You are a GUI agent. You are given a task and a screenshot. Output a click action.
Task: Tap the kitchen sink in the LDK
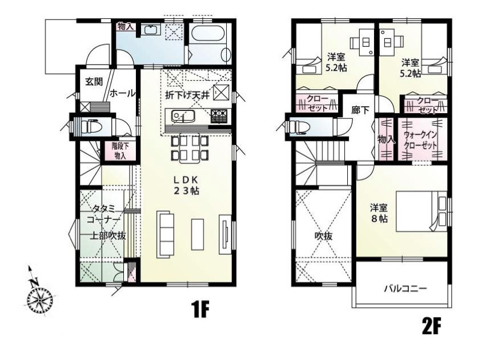tap(183, 117)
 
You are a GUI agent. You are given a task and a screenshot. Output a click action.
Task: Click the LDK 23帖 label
tap(187, 185)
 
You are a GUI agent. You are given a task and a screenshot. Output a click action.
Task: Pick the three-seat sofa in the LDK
tap(163, 234)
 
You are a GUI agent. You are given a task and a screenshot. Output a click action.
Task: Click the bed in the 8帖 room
tap(421, 211)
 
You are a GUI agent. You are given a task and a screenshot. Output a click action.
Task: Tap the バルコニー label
tap(405, 289)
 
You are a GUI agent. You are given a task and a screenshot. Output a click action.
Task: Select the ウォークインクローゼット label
tap(420, 140)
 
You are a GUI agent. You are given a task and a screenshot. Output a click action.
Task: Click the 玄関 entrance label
tap(94, 82)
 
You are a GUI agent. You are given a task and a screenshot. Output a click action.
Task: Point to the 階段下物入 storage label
tap(120, 151)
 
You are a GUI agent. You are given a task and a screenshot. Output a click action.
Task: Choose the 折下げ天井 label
tap(187, 95)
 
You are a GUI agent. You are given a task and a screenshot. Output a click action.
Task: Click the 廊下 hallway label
tap(360, 110)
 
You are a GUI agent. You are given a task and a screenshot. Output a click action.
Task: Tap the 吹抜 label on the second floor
tap(323, 237)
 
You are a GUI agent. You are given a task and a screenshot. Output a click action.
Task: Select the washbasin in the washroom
tap(151, 30)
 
